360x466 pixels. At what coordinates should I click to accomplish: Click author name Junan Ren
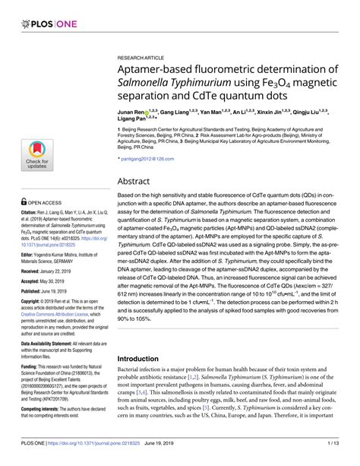(133, 111)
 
